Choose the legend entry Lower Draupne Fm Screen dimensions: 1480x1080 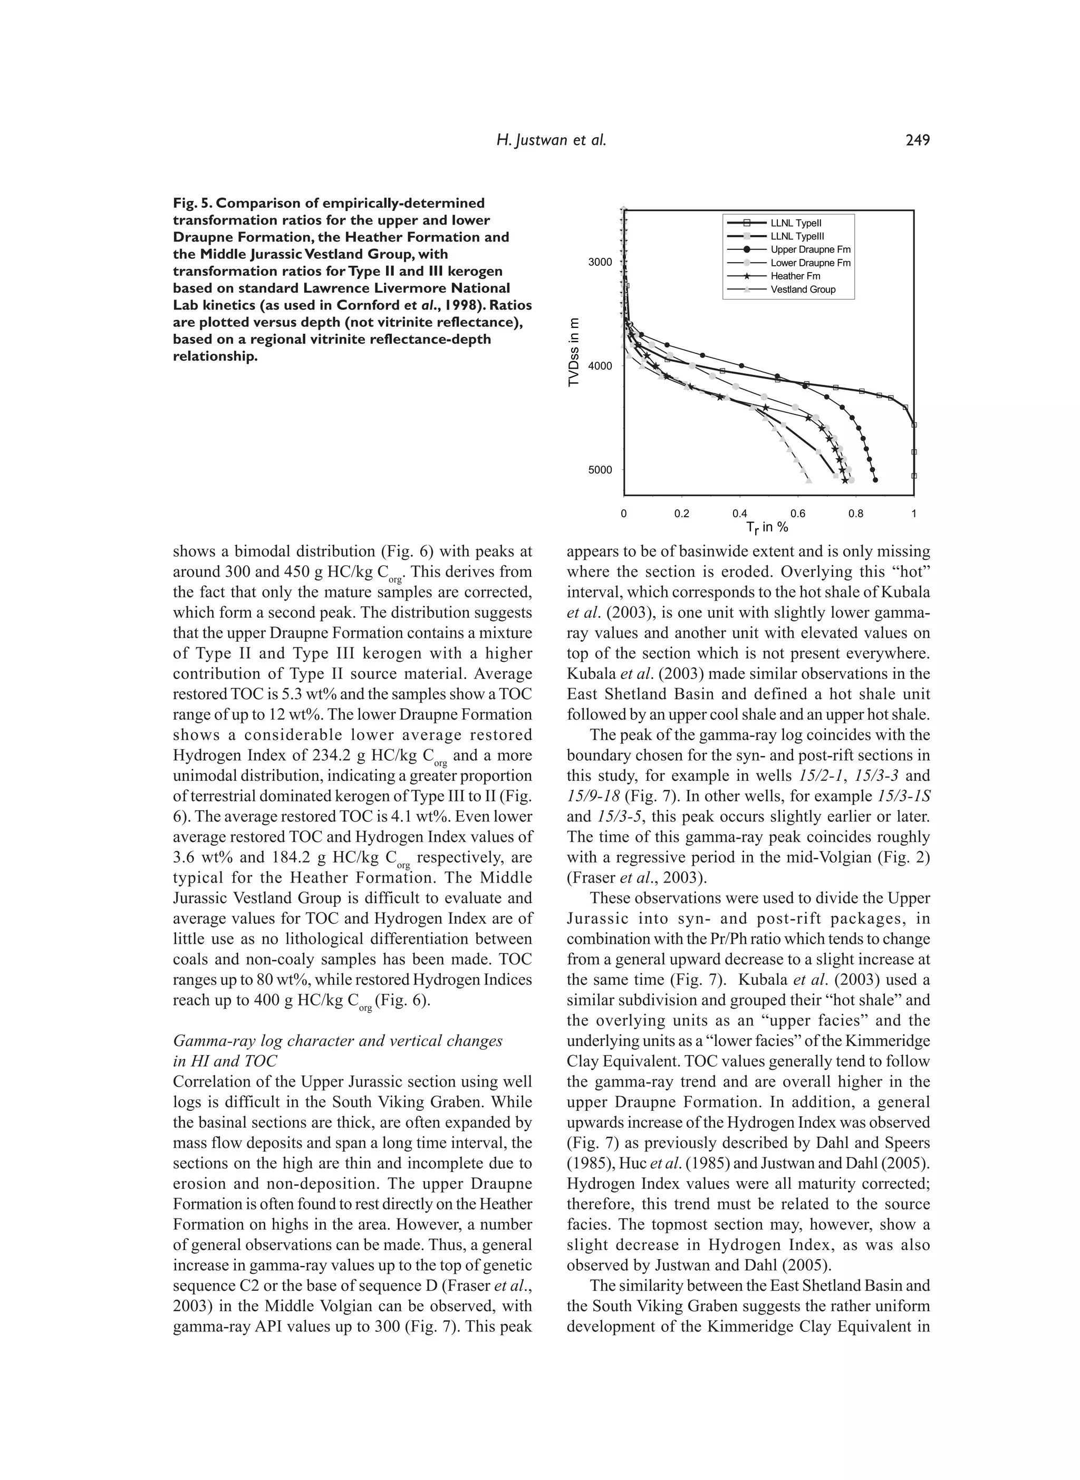[x=810, y=263]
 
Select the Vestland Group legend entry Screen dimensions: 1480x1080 [x=802, y=289]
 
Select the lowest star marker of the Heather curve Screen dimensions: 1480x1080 [x=845, y=480]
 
